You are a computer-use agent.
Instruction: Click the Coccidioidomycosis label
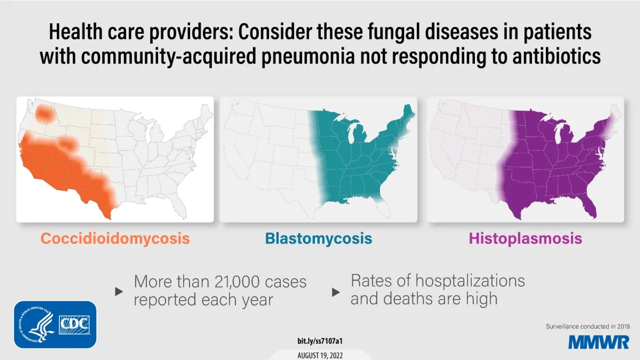pyautogui.click(x=115, y=238)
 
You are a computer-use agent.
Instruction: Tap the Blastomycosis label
pyautogui.click(x=318, y=238)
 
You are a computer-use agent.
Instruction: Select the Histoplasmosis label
pyautogui.click(x=525, y=238)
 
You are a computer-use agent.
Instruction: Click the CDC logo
pyautogui.click(x=74, y=324)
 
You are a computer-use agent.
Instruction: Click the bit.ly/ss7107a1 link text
pyautogui.click(x=319, y=341)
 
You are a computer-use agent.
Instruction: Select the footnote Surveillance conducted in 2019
pyautogui.click(x=588, y=326)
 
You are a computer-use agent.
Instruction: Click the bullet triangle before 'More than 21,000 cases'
pyautogui.click(x=119, y=291)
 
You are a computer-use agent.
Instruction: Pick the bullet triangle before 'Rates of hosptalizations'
pyautogui.click(x=336, y=291)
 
